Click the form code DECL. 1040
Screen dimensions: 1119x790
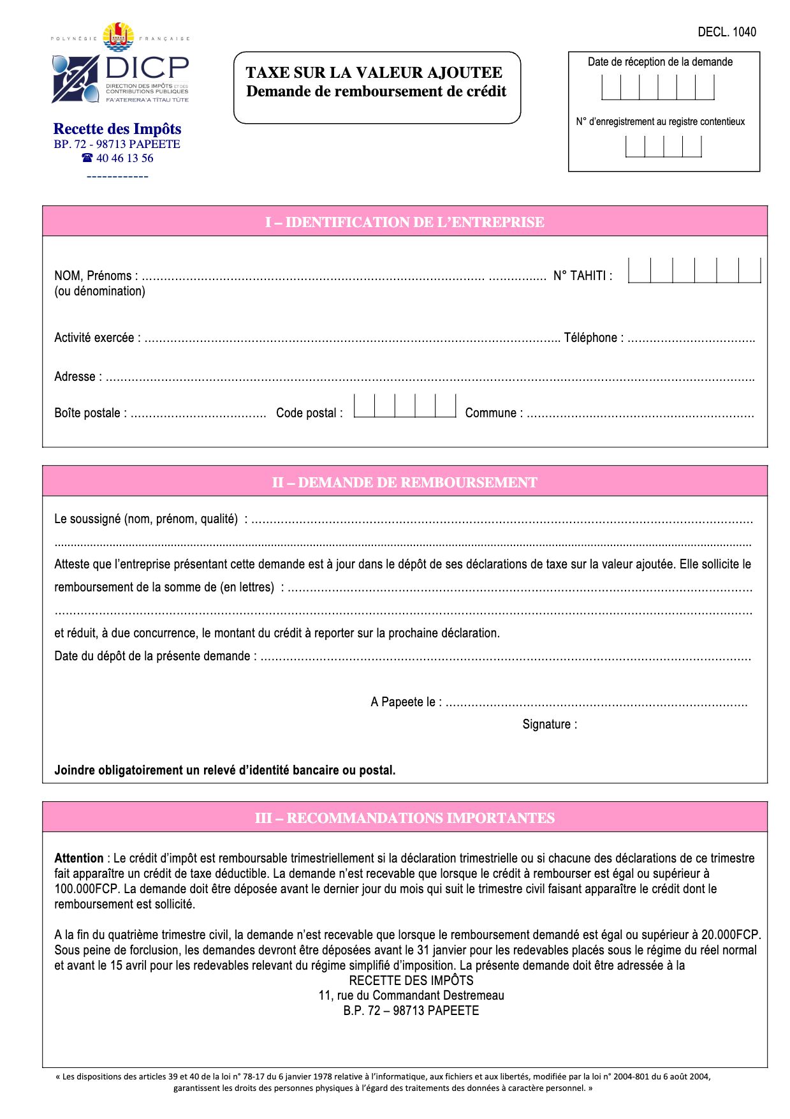(x=726, y=32)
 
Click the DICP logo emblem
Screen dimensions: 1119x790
(x=75, y=78)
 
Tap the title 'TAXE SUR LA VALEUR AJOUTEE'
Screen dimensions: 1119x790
(x=374, y=73)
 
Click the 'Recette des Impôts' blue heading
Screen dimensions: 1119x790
(x=117, y=129)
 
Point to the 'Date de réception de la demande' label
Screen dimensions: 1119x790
(x=660, y=62)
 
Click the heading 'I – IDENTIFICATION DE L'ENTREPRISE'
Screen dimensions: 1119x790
(x=404, y=222)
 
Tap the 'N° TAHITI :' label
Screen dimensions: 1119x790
(x=582, y=276)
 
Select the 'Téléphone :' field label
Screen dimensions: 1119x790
(x=594, y=337)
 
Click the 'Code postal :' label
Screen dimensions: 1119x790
(x=309, y=413)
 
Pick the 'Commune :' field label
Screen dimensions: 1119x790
(x=494, y=413)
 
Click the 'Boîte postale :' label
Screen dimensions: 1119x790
(x=91, y=413)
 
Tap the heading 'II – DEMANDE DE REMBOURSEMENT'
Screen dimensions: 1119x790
(x=404, y=482)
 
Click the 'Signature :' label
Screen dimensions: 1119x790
(x=550, y=724)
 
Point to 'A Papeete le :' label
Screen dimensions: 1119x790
(x=406, y=702)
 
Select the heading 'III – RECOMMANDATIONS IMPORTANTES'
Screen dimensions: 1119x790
(x=404, y=818)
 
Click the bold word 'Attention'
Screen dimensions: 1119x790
(x=79, y=858)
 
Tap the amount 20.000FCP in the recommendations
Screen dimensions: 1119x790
(x=731, y=935)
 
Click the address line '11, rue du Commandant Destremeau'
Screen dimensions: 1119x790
(x=411, y=995)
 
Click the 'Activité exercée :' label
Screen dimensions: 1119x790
(x=98, y=337)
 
